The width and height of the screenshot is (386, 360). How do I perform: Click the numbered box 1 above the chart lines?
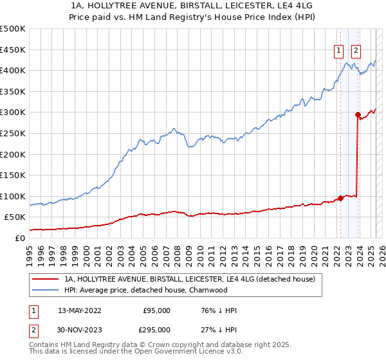[338, 52]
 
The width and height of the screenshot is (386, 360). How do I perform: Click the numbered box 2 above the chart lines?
[356, 52]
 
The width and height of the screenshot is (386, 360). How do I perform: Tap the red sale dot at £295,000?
[358, 114]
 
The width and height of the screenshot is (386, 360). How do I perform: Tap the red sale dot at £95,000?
[340, 198]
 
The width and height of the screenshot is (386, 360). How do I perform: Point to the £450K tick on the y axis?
[13, 50]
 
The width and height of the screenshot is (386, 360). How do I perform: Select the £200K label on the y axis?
[13, 154]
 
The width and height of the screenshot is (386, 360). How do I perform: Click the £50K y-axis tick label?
[15, 217]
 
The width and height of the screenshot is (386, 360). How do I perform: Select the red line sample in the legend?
[45, 280]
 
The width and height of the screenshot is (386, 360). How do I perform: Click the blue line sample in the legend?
[45, 291]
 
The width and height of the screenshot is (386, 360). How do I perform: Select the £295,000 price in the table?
[157, 329]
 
